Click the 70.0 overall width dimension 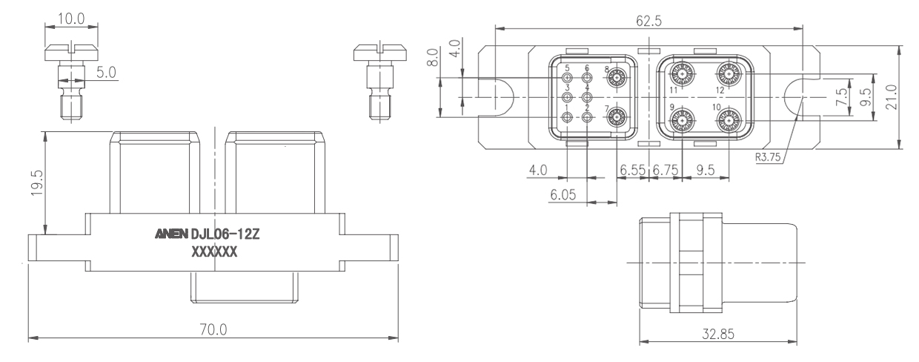pyautogui.click(x=213, y=329)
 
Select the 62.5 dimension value pyautogui.click(x=648, y=21)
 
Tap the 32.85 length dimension pyautogui.click(x=718, y=334)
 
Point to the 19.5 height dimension pyautogui.click(x=37, y=183)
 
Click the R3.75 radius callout pyautogui.click(x=768, y=157)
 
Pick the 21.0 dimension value pyautogui.click(x=891, y=97)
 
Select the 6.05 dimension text pyautogui.click(x=563, y=194)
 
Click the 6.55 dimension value pyautogui.click(x=633, y=170)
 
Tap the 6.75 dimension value pyautogui.click(x=665, y=170)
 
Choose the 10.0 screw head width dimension pyautogui.click(x=71, y=19)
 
